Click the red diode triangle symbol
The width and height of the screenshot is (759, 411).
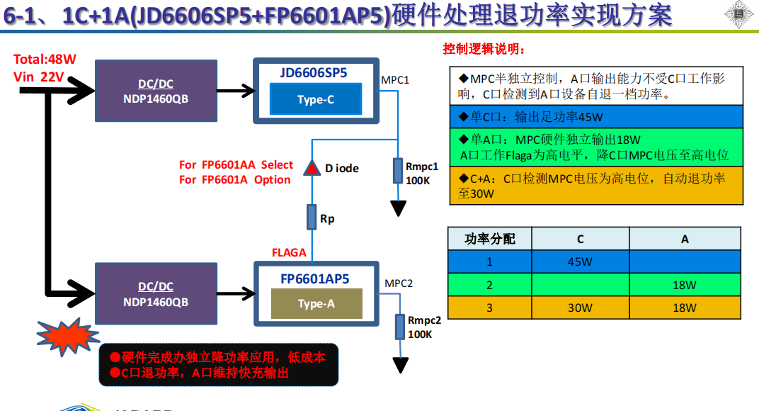312,167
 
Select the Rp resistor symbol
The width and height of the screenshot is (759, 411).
312,217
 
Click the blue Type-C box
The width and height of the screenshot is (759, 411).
315,99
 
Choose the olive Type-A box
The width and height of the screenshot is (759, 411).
316,303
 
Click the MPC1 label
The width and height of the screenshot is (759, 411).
395,79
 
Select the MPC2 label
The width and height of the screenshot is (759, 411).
399,283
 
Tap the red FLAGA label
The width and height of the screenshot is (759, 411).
289,252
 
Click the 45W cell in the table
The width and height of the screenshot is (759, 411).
580,262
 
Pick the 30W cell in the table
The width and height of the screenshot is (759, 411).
580,308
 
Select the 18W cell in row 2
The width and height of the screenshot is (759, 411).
685,285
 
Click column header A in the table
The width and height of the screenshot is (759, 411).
685,240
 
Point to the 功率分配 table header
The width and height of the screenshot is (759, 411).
489,240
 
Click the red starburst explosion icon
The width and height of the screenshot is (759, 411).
64,332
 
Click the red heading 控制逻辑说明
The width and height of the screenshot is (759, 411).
484,49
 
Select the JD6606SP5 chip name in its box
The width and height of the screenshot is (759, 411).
313,72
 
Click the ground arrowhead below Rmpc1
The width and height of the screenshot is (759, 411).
399,208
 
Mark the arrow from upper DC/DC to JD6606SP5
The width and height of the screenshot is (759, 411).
235,90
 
